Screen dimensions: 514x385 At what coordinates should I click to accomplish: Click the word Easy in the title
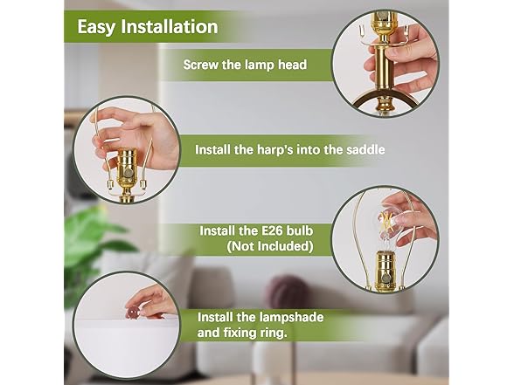(96, 27)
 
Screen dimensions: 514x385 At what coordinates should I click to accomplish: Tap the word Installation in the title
(170, 26)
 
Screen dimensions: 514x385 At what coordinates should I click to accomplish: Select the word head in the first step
(292, 65)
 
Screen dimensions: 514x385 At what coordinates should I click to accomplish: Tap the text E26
(268, 230)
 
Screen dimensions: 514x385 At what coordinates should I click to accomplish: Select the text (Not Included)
(270, 246)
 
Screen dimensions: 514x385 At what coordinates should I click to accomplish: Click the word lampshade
(291, 318)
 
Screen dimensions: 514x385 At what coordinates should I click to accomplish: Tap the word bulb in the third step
(300, 230)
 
